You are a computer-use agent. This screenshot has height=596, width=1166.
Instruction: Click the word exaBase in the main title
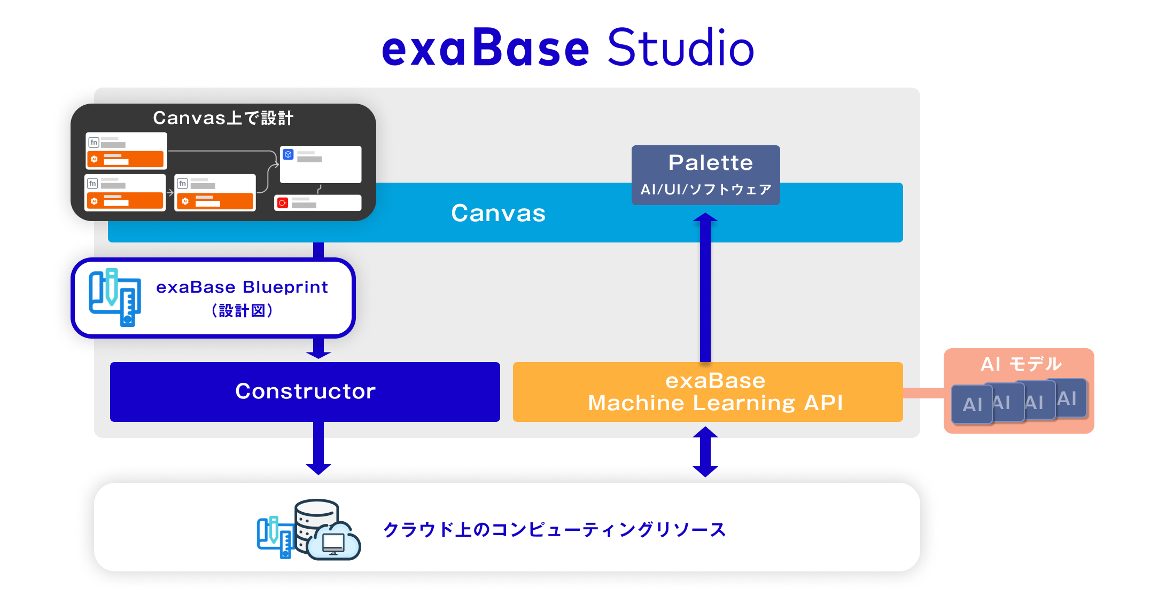pyautogui.click(x=485, y=48)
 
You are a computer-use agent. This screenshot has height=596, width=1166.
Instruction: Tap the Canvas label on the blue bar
pyautogui.click(x=498, y=213)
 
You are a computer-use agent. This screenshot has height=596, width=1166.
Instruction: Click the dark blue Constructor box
pyautogui.click(x=305, y=391)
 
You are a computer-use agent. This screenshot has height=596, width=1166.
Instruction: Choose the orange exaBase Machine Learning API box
pyautogui.click(x=708, y=392)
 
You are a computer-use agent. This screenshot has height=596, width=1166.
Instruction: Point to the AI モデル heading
pyautogui.click(x=1021, y=364)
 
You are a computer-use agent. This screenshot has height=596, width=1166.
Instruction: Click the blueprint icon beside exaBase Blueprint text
pyautogui.click(x=115, y=297)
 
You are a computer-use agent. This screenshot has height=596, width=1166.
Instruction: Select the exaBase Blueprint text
pyautogui.click(x=242, y=287)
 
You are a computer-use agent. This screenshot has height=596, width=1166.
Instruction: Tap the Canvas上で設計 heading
pyautogui.click(x=223, y=117)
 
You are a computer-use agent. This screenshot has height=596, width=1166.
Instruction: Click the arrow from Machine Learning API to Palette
pyautogui.click(x=705, y=288)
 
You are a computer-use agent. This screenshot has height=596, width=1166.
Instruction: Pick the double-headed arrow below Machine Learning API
pyautogui.click(x=705, y=452)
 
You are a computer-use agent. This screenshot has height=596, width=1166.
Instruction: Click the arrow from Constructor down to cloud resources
pyautogui.click(x=318, y=449)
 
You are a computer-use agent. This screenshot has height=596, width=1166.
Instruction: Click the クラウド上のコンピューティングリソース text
pyautogui.click(x=555, y=529)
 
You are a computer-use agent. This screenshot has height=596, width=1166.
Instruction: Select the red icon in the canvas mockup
pyautogui.click(x=283, y=203)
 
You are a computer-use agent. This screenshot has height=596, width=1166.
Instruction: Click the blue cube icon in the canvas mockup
pyautogui.click(x=289, y=154)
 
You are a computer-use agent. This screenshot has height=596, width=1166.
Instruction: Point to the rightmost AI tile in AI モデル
pyautogui.click(x=1068, y=398)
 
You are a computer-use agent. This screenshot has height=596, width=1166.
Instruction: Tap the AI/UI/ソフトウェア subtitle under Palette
pyautogui.click(x=705, y=190)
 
